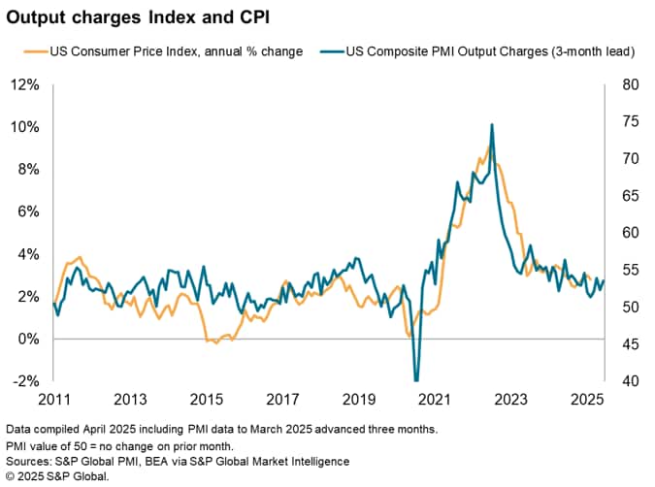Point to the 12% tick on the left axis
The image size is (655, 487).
click(x=25, y=85)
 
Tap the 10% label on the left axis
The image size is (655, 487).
click(x=25, y=127)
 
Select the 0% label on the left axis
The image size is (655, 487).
click(x=29, y=339)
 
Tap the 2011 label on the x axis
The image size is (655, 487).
click(x=53, y=399)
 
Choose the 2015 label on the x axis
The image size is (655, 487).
click(x=207, y=399)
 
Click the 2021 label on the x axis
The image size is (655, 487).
click(x=436, y=399)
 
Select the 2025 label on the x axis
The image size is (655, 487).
click(x=588, y=399)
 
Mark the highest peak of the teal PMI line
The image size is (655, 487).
click(x=492, y=124)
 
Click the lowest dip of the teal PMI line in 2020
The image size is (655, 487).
click(x=416, y=379)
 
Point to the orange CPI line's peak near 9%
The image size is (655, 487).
click(x=488, y=146)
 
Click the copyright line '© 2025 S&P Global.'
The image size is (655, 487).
click(x=57, y=476)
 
